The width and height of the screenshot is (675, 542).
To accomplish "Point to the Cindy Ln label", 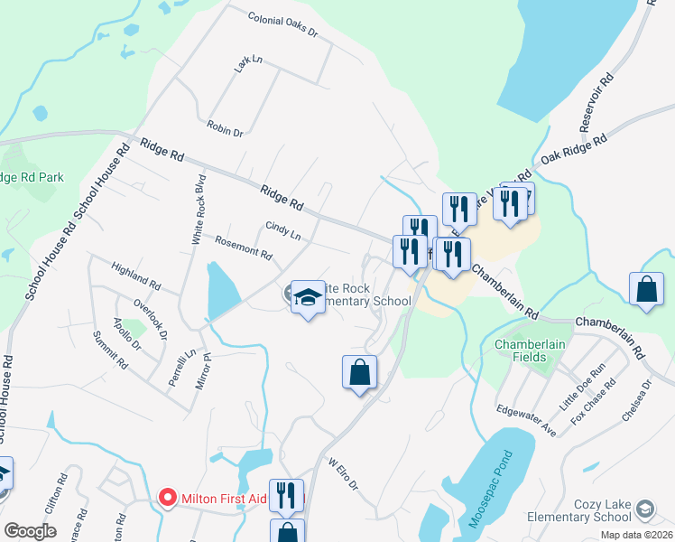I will click(282, 230).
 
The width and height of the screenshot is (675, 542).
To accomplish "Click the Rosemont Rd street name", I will click(244, 248).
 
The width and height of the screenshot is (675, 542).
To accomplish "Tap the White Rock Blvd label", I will click(199, 209).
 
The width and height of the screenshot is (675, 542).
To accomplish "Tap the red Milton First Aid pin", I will click(167, 496).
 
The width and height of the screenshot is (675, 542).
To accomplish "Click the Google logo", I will click(30, 530).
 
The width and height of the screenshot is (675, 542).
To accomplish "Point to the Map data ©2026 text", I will click(635, 535).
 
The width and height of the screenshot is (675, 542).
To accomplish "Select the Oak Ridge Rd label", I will click(574, 148).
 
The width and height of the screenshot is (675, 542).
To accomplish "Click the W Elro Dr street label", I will click(343, 474).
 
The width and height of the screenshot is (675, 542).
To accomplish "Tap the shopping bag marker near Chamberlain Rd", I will click(647, 290).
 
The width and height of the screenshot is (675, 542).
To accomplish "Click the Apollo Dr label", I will click(126, 332).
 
